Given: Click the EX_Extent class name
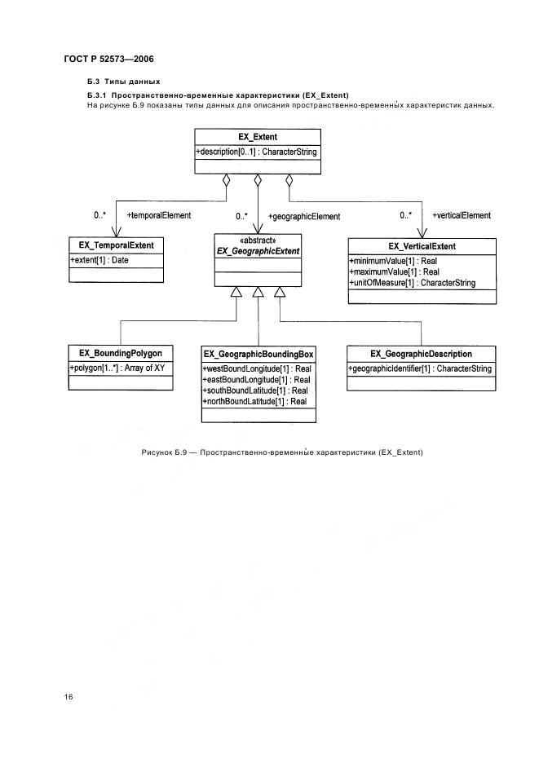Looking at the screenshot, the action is (x=258, y=137).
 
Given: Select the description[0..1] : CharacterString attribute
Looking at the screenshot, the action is (x=256, y=152).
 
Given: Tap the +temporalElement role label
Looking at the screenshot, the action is (x=159, y=215).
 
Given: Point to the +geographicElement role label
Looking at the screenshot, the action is (x=304, y=217).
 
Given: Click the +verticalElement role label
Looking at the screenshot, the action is (x=462, y=215).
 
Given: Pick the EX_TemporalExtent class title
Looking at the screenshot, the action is (x=117, y=245).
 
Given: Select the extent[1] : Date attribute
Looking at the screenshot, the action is (x=99, y=260).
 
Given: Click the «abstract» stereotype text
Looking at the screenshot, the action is (x=258, y=240).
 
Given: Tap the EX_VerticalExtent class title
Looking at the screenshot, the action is (x=422, y=247).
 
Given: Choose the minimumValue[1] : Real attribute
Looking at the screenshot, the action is (x=393, y=262).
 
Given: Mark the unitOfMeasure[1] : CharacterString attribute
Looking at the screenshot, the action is (x=413, y=283).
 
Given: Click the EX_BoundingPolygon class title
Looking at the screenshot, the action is (x=120, y=353).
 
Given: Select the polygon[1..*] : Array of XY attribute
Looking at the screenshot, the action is (x=117, y=368).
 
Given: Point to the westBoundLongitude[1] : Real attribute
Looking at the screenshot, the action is (x=257, y=368).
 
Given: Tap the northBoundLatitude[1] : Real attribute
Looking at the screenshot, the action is (x=254, y=401).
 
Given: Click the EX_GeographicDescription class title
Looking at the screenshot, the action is (x=421, y=355).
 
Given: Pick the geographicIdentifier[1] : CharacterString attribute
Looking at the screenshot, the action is (x=420, y=368).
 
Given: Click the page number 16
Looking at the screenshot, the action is (x=68, y=697).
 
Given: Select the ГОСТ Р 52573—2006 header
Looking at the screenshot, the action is (x=109, y=60).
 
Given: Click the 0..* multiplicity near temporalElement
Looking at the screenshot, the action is (x=99, y=215).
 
